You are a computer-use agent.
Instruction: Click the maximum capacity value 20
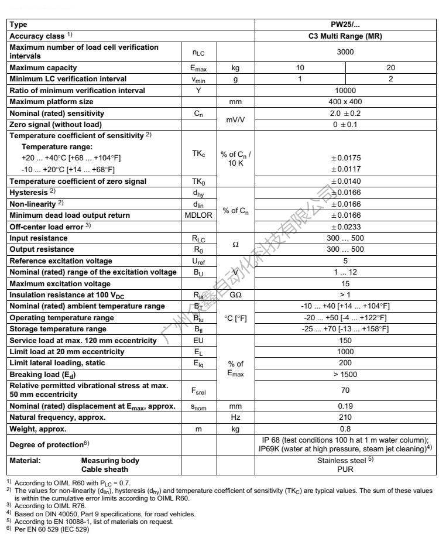click(x=391, y=67)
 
